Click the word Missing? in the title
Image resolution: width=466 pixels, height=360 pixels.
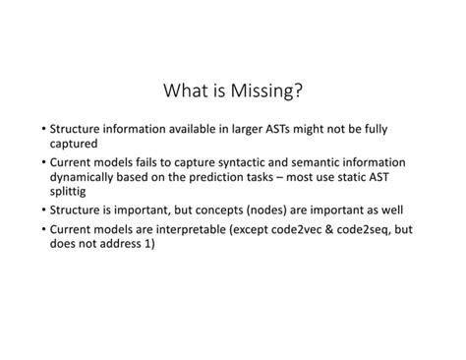pos(264,92)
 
